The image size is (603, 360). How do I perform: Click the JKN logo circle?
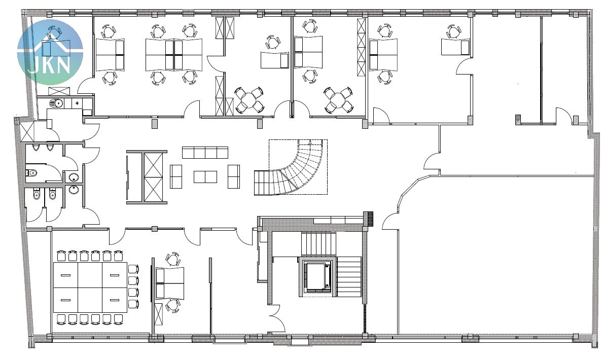(50, 52)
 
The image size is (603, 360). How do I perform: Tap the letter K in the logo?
(50, 66)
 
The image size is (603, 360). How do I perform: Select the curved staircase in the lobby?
(291, 168)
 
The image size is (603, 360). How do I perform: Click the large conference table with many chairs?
(90, 287)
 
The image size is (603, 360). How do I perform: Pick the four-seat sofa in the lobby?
(205, 152)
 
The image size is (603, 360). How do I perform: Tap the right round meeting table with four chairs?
(338, 100)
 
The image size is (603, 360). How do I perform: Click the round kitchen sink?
(57, 103)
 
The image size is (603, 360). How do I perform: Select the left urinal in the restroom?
(36, 148)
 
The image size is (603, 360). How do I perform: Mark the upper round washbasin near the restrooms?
(74, 177)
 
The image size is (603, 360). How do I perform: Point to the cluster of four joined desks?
(174, 55)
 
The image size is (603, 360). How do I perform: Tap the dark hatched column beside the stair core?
(370, 219)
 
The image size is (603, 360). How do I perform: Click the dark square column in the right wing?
(518, 119)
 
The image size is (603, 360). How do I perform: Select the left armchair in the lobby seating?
(176, 176)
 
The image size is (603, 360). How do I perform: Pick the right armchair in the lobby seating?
(234, 176)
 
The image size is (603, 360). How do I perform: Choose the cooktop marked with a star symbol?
(78, 103)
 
